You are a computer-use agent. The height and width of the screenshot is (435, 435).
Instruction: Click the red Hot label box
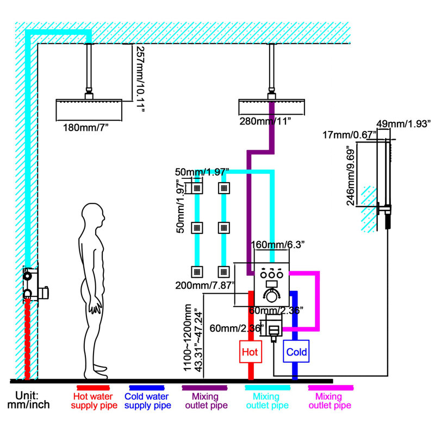point(251,351)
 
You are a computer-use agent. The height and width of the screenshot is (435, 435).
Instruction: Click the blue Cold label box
point(296,351)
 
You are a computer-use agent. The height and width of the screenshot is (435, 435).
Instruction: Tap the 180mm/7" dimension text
point(85,128)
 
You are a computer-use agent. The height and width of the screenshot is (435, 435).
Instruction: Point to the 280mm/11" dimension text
point(265,121)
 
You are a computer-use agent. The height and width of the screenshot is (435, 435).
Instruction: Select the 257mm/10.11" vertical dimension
point(140,79)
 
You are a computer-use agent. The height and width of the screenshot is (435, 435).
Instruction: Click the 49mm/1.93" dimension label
point(403,124)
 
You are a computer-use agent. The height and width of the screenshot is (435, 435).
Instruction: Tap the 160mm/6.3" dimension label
point(278,245)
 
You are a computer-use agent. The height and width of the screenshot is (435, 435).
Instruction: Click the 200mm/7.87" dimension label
point(205,285)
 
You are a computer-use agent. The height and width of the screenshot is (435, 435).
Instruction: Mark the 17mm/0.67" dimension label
point(349,135)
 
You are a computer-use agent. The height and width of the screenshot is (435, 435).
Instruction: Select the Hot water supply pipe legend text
point(94,401)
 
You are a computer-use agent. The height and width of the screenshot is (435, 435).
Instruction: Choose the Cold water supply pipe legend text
point(147,401)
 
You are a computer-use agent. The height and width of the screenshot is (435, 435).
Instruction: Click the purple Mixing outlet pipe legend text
point(206,401)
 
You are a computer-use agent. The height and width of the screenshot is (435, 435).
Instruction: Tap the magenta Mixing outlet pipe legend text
point(330,401)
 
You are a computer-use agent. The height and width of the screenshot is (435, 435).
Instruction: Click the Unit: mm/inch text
point(28,400)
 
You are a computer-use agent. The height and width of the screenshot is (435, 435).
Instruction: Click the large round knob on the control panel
point(271,296)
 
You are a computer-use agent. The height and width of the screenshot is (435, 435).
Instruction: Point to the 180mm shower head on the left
point(89,110)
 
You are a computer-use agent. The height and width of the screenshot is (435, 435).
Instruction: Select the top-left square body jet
point(197,188)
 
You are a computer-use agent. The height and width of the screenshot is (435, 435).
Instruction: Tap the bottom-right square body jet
point(223,272)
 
